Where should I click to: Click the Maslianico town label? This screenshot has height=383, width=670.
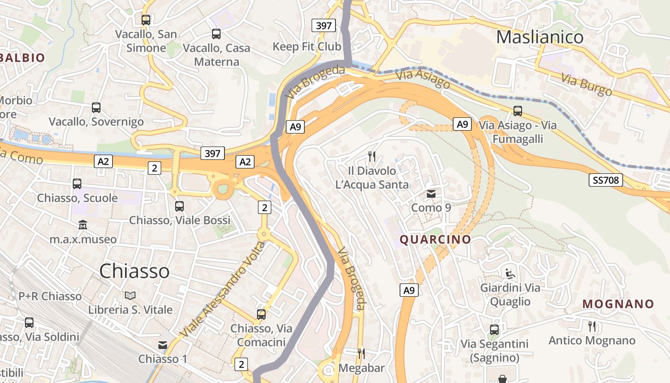click(539, 37)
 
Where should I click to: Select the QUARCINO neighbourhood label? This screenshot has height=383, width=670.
click(435, 239)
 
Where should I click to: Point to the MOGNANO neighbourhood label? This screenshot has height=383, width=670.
click(618, 304)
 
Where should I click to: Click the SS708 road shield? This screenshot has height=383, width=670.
click(606, 180)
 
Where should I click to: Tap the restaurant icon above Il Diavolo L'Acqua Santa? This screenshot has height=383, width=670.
click(371, 156)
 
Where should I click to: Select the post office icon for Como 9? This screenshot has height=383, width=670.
click(431, 194)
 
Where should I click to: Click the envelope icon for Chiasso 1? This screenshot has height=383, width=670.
click(163, 345)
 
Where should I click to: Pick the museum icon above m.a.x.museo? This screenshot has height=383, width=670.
click(83, 225)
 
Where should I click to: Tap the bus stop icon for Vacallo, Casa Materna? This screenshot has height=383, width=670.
click(216, 34)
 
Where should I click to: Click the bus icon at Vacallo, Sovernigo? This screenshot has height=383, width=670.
click(96, 108)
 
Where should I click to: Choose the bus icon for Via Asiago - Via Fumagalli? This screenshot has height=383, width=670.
click(518, 111)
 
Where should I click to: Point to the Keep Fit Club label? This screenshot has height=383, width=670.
click(307, 46)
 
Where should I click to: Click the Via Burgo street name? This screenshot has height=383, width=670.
click(586, 85)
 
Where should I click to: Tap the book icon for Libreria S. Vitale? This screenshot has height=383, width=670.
click(130, 295)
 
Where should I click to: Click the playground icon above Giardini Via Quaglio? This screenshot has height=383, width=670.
click(510, 274)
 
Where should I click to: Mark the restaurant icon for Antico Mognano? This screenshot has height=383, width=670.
click(592, 327)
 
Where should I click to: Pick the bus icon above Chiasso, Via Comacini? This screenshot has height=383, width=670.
click(261, 315)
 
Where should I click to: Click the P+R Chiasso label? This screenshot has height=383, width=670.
click(50, 296)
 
